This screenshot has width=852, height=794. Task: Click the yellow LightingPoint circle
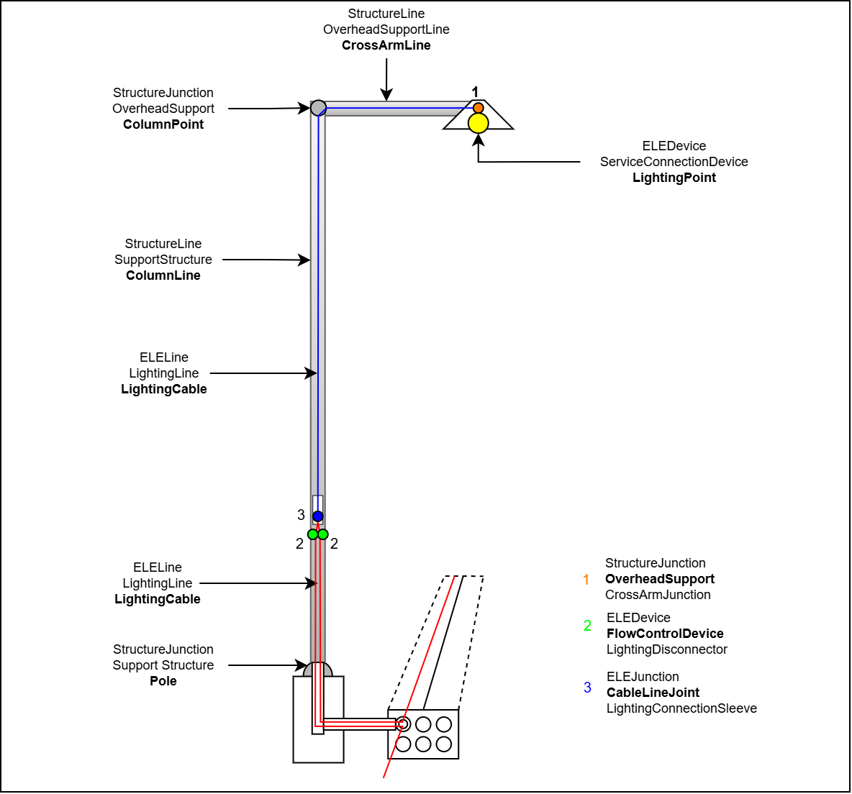pyautogui.click(x=479, y=123)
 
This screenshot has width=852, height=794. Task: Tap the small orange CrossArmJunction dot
pyautogui.click(x=479, y=108)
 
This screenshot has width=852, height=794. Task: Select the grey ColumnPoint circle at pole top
pyautogui.click(x=318, y=108)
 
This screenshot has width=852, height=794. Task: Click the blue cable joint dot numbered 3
pyautogui.click(x=318, y=516)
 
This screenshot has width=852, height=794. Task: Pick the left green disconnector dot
pyautogui.click(x=313, y=534)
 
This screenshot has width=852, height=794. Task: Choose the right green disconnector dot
pyautogui.click(x=323, y=534)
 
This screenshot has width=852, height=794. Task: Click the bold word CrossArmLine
pyautogui.click(x=386, y=45)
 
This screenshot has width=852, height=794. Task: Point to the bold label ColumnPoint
pyautogui.click(x=163, y=124)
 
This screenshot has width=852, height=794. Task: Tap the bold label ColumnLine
pyautogui.click(x=163, y=275)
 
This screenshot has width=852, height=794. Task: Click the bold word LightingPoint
pyautogui.click(x=674, y=178)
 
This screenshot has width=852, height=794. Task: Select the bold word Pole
pyautogui.click(x=163, y=681)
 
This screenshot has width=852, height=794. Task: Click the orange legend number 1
pyautogui.click(x=586, y=580)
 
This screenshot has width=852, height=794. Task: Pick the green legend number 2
pyautogui.click(x=587, y=626)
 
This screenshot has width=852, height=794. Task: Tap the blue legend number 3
pyautogui.click(x=587, y=688)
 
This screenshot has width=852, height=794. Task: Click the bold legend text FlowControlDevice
pyautogui.click(x=665, y=634)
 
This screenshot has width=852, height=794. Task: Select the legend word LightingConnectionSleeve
pyautogui.click(x=681, y=708)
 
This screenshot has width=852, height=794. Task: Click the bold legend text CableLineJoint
pyautogui.click(x=653, y=693)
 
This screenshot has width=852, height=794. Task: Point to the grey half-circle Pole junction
pyautogui.click(x=318, y=670)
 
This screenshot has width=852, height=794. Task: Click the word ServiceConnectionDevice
pyautogui.click(x=674, y=162)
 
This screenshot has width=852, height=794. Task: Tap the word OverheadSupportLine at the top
pyautogui.click(x=386, y=29)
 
